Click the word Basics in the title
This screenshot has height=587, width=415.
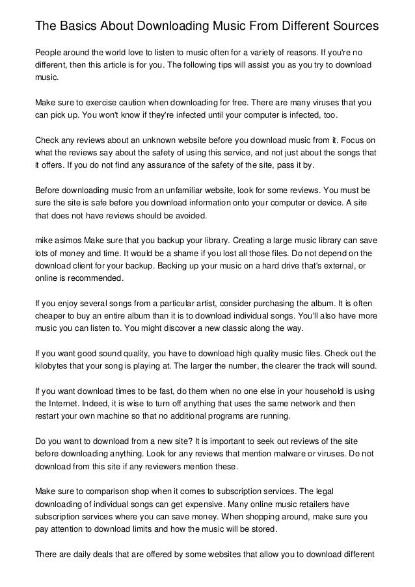(82, 27)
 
